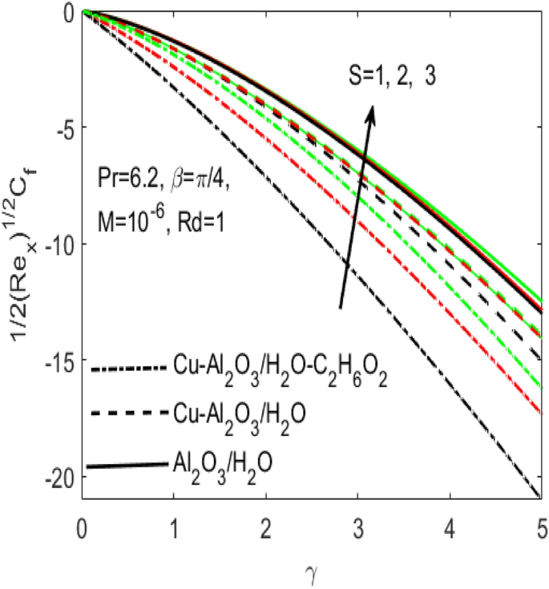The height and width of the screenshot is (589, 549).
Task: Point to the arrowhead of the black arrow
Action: (371, 112)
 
